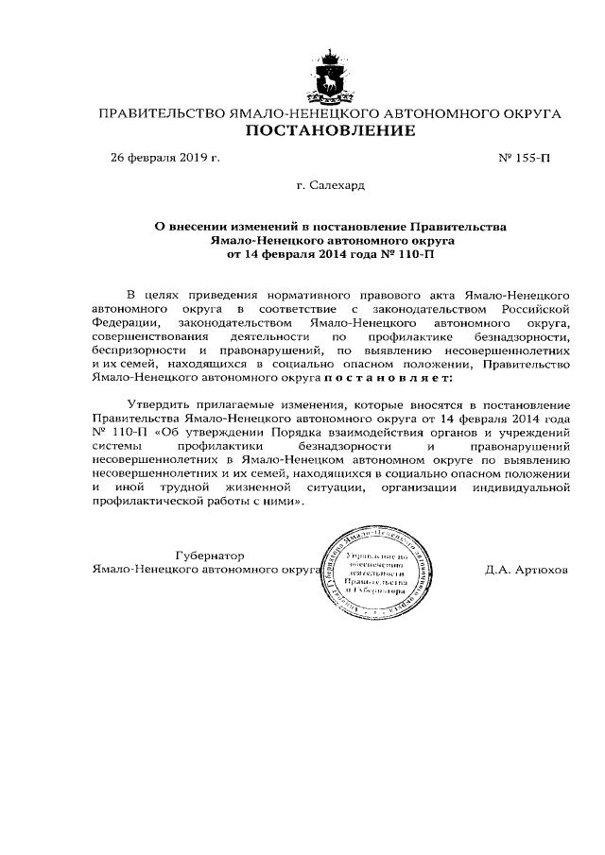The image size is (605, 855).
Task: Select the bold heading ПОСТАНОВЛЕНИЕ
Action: tap(330, 130)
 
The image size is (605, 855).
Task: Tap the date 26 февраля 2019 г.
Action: tap(165, 157)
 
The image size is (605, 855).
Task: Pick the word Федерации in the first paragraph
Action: tap(124, 323)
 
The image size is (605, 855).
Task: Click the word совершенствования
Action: tap(147, 336)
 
